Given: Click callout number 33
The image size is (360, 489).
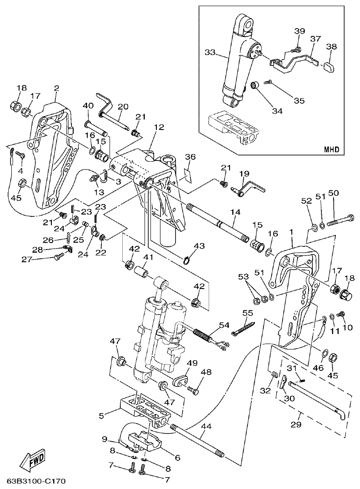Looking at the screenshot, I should point(210,53).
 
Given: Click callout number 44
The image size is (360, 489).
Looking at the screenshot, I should point(206,426).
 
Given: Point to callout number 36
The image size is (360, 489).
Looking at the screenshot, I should point(190,157).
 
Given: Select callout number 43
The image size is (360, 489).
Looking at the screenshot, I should point(199,246).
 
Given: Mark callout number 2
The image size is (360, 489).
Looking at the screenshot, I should point(57,88).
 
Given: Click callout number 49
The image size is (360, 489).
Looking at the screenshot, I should point(192,363).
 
